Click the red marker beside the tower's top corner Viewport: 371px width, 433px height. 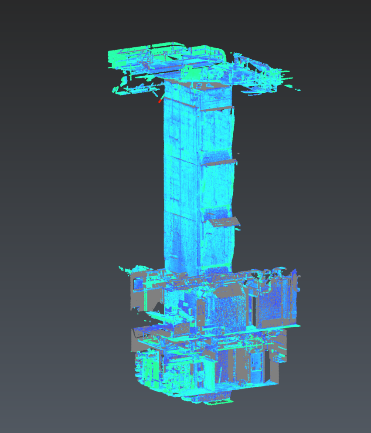click(x=160, y=101)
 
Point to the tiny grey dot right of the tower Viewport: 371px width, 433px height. click(x=239, y=154)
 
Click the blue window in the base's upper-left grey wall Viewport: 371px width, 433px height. click(x=138, y=283)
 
